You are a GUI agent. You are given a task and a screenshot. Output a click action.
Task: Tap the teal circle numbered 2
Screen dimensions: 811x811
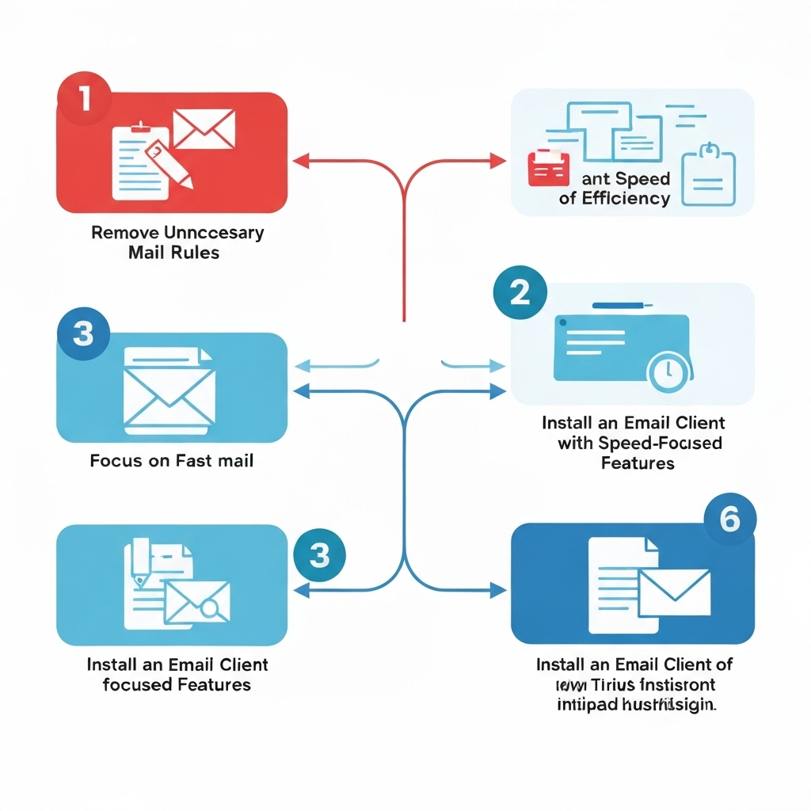click(519, 293)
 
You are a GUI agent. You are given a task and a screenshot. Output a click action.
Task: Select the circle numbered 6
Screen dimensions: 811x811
click(729, 520)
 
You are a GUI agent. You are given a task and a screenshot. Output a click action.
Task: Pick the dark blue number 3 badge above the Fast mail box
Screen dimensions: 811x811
click(82, 334)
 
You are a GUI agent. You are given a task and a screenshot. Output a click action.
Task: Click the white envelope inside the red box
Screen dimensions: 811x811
click(204, 130)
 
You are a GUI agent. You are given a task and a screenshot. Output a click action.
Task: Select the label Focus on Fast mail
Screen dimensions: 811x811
click(172, 460)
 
